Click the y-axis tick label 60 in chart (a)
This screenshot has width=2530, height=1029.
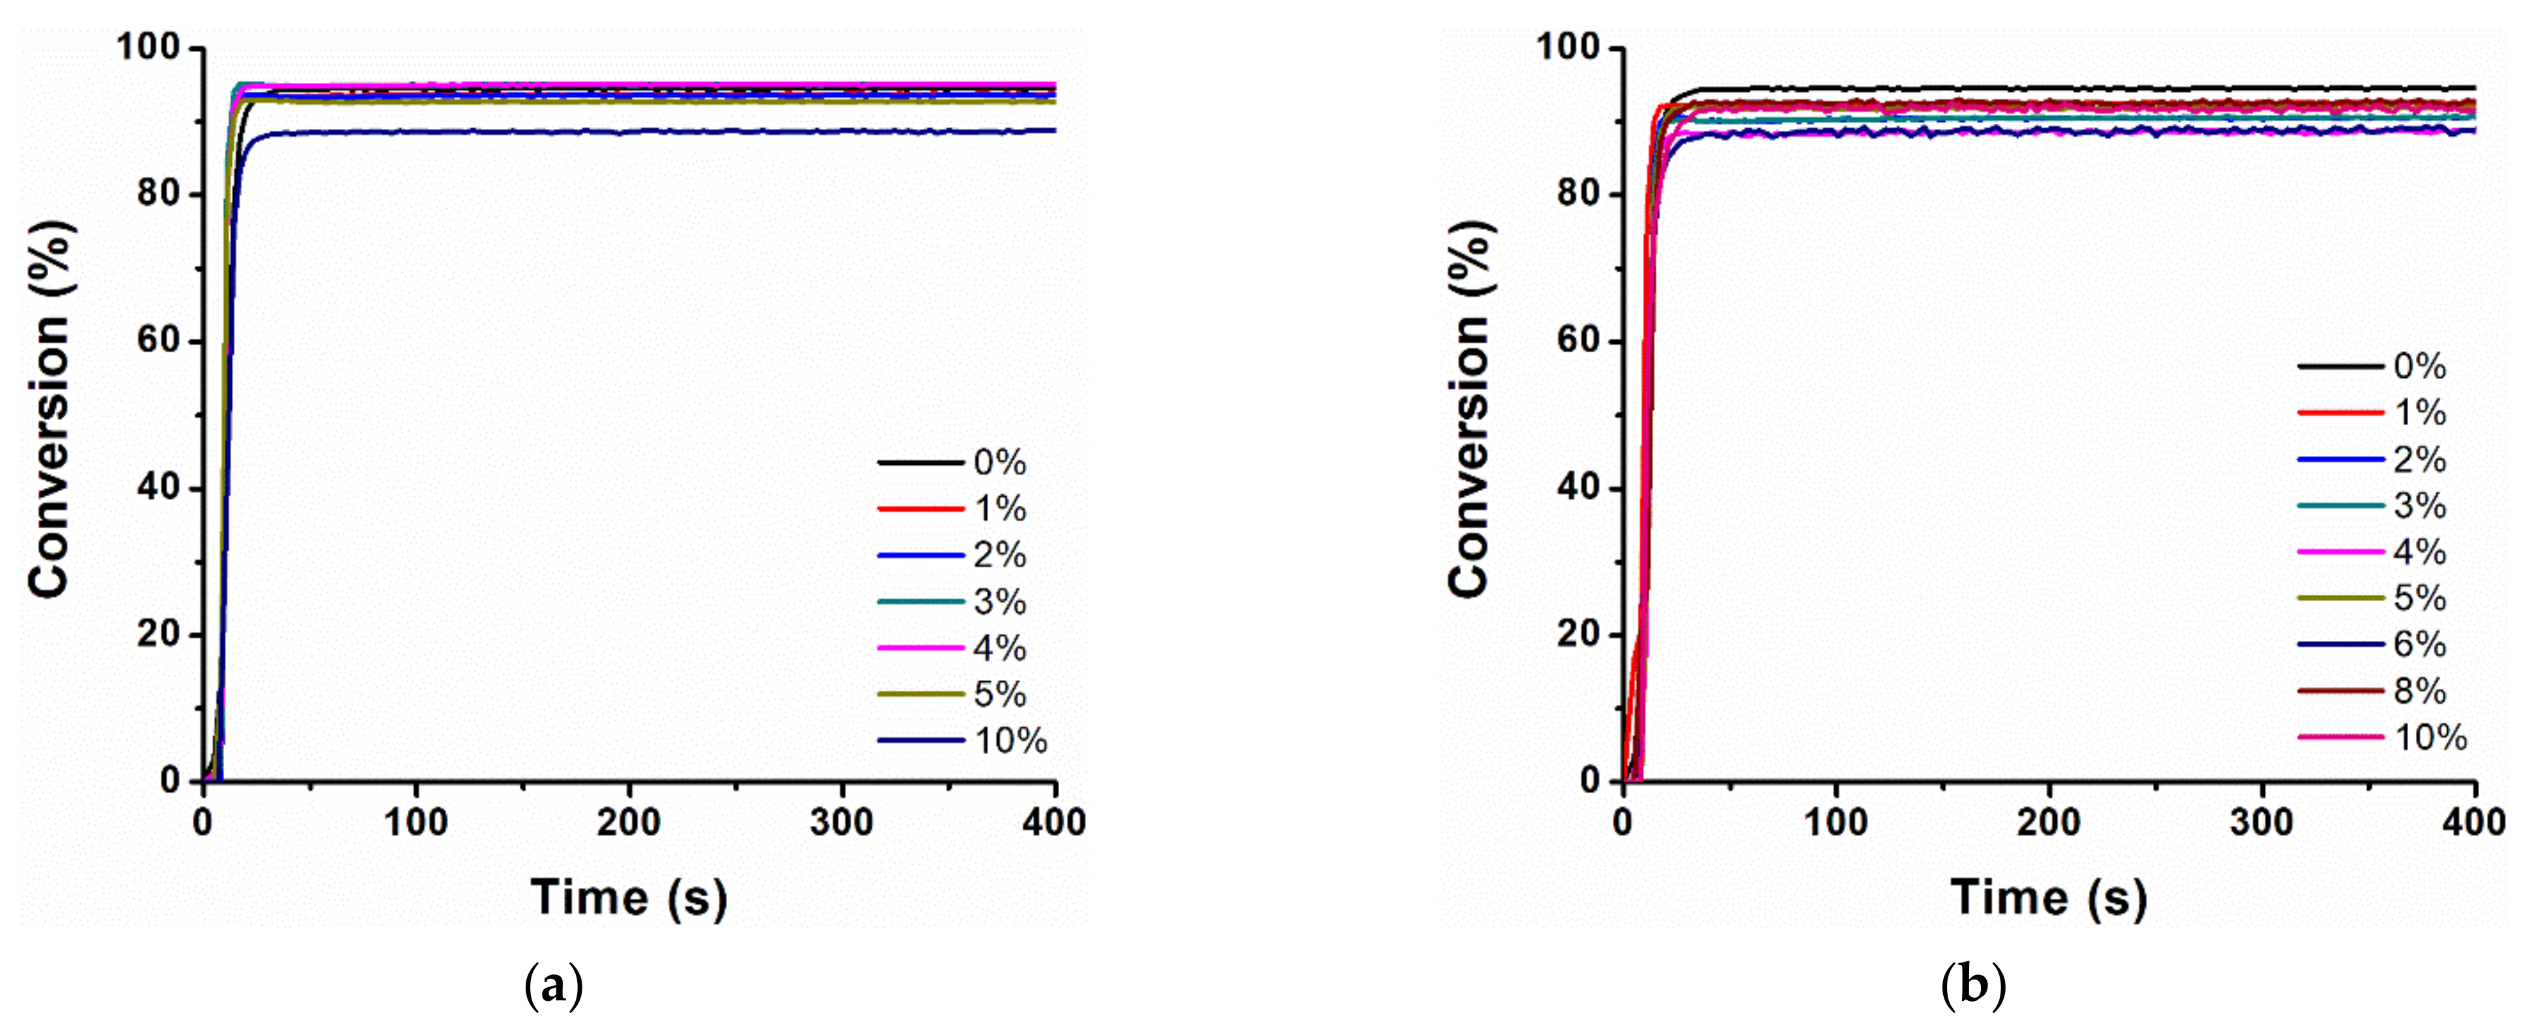tap(158, 341)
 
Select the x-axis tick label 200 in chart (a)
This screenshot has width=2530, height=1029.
tap(629, 822)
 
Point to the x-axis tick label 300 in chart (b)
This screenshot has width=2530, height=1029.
tap(2261, 822)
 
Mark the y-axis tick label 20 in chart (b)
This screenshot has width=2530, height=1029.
tap(1578, 634)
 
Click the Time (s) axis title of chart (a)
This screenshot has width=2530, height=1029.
tap(629, 896)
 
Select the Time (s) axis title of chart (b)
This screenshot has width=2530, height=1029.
tap(2049, 896)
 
